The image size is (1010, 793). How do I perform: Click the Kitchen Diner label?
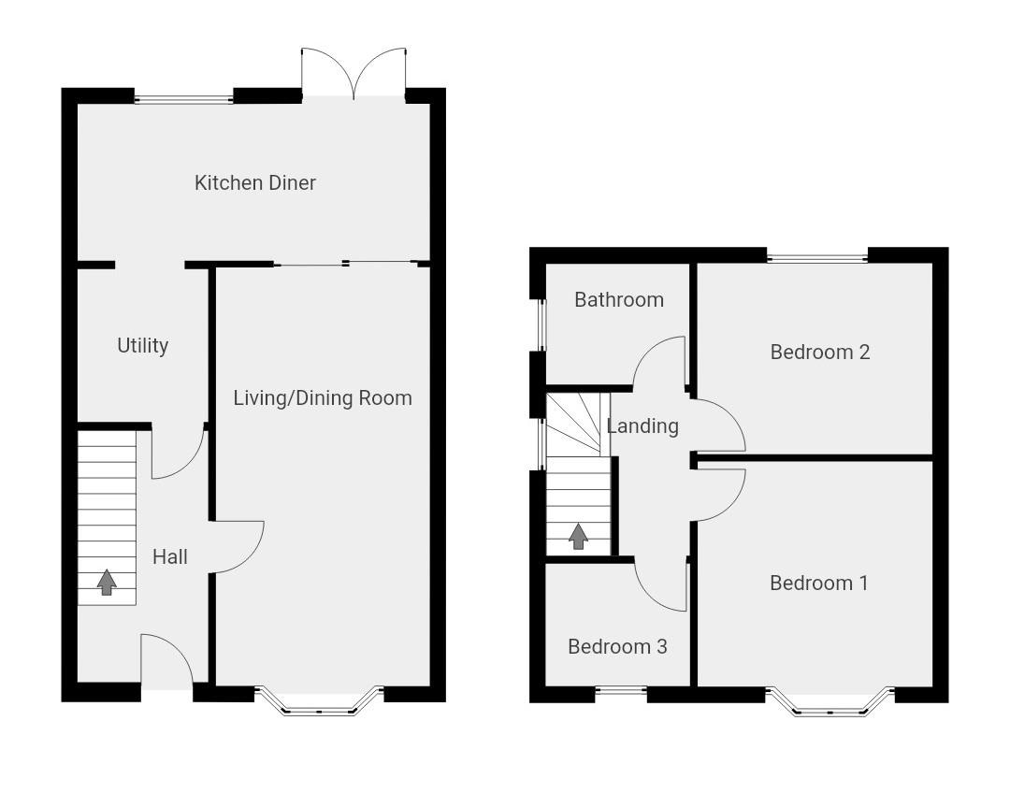[254, 182]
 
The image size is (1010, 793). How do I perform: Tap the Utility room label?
[142, 345]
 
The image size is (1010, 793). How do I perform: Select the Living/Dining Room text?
[322, 397]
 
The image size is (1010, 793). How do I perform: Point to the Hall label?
[169, 556]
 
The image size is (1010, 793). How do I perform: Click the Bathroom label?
[618, 299]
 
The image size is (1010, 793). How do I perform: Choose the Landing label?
[642, 425]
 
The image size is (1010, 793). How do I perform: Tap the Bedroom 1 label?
[818, 583]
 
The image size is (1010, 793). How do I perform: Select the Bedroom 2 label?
[819, 352]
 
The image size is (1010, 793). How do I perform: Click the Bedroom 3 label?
[617, 646]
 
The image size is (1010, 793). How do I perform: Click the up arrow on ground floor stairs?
[107, 582]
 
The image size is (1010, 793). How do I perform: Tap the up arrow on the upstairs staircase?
[578, 536]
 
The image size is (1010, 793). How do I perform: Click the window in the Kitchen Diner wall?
[183, 97]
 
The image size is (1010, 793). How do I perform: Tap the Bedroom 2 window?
[816, 256]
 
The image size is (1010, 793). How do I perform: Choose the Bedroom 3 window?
[621, 693]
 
